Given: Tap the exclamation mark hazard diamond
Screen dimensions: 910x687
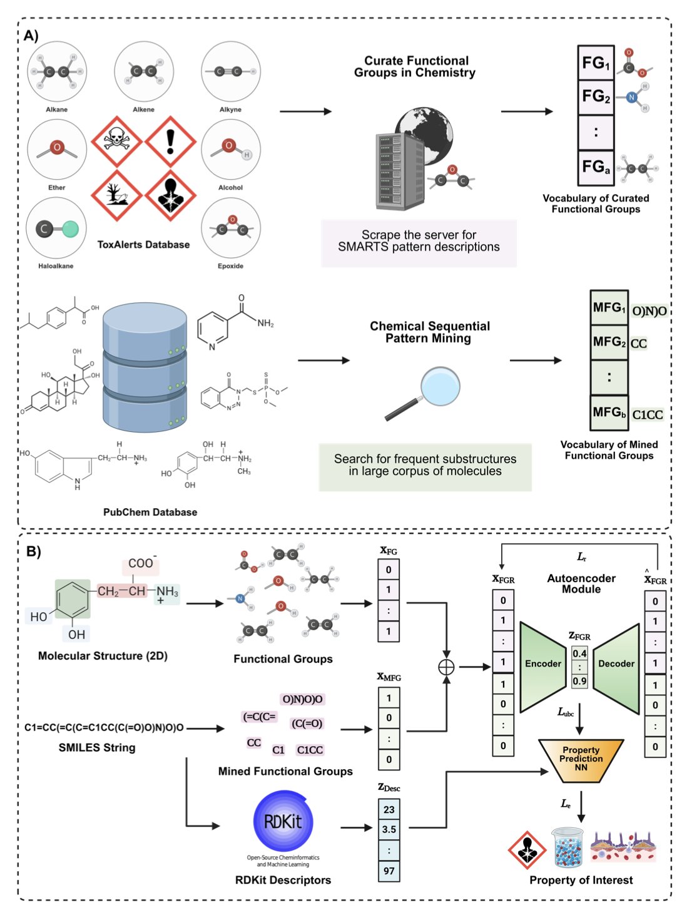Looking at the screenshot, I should [170, 141].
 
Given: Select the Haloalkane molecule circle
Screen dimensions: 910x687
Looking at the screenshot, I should [56, 228].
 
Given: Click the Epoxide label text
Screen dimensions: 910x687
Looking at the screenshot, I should [230, 266].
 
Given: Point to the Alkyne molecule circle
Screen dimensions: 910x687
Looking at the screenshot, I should [230, 71].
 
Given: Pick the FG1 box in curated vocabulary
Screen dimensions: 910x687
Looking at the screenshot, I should [595, 63].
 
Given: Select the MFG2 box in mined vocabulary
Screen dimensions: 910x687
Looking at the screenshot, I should [609, 342].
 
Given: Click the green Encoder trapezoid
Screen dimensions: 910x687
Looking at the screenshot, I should [542, 665].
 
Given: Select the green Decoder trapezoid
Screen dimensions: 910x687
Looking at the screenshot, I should [616, 665].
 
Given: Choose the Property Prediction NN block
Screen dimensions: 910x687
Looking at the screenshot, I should [581, 759].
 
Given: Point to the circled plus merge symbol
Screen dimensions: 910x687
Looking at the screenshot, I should [446, 667].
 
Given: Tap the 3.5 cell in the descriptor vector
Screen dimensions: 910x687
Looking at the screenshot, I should [389, 829].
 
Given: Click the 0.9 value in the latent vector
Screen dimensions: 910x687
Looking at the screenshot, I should [579, 681].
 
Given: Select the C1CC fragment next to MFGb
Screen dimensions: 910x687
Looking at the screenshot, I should [647, 415].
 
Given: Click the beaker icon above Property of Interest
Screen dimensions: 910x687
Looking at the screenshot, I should [567, 848].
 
